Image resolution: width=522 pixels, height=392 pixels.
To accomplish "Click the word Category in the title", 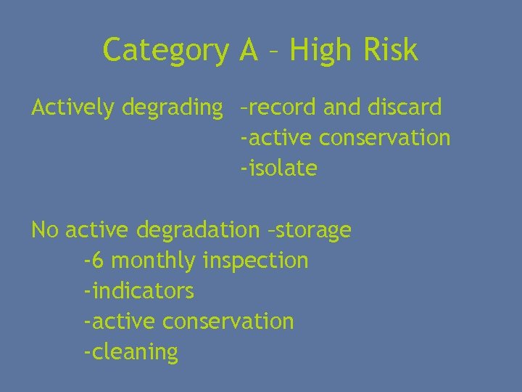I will pos(165,51).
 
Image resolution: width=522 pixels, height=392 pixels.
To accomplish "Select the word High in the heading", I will pos(318,51).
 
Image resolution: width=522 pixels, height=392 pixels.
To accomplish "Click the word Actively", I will pos(73,108).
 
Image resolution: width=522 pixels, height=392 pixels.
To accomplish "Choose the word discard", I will pos(405,107).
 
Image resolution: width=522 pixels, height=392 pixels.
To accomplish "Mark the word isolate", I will pos(281,168).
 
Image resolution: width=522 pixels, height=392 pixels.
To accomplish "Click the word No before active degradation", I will pos(44,230).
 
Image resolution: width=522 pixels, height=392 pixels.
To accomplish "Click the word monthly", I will pos(154,261).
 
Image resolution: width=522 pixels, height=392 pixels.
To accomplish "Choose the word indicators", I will pos(141,291).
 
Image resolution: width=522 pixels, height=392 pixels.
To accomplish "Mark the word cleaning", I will pos(133,352).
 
